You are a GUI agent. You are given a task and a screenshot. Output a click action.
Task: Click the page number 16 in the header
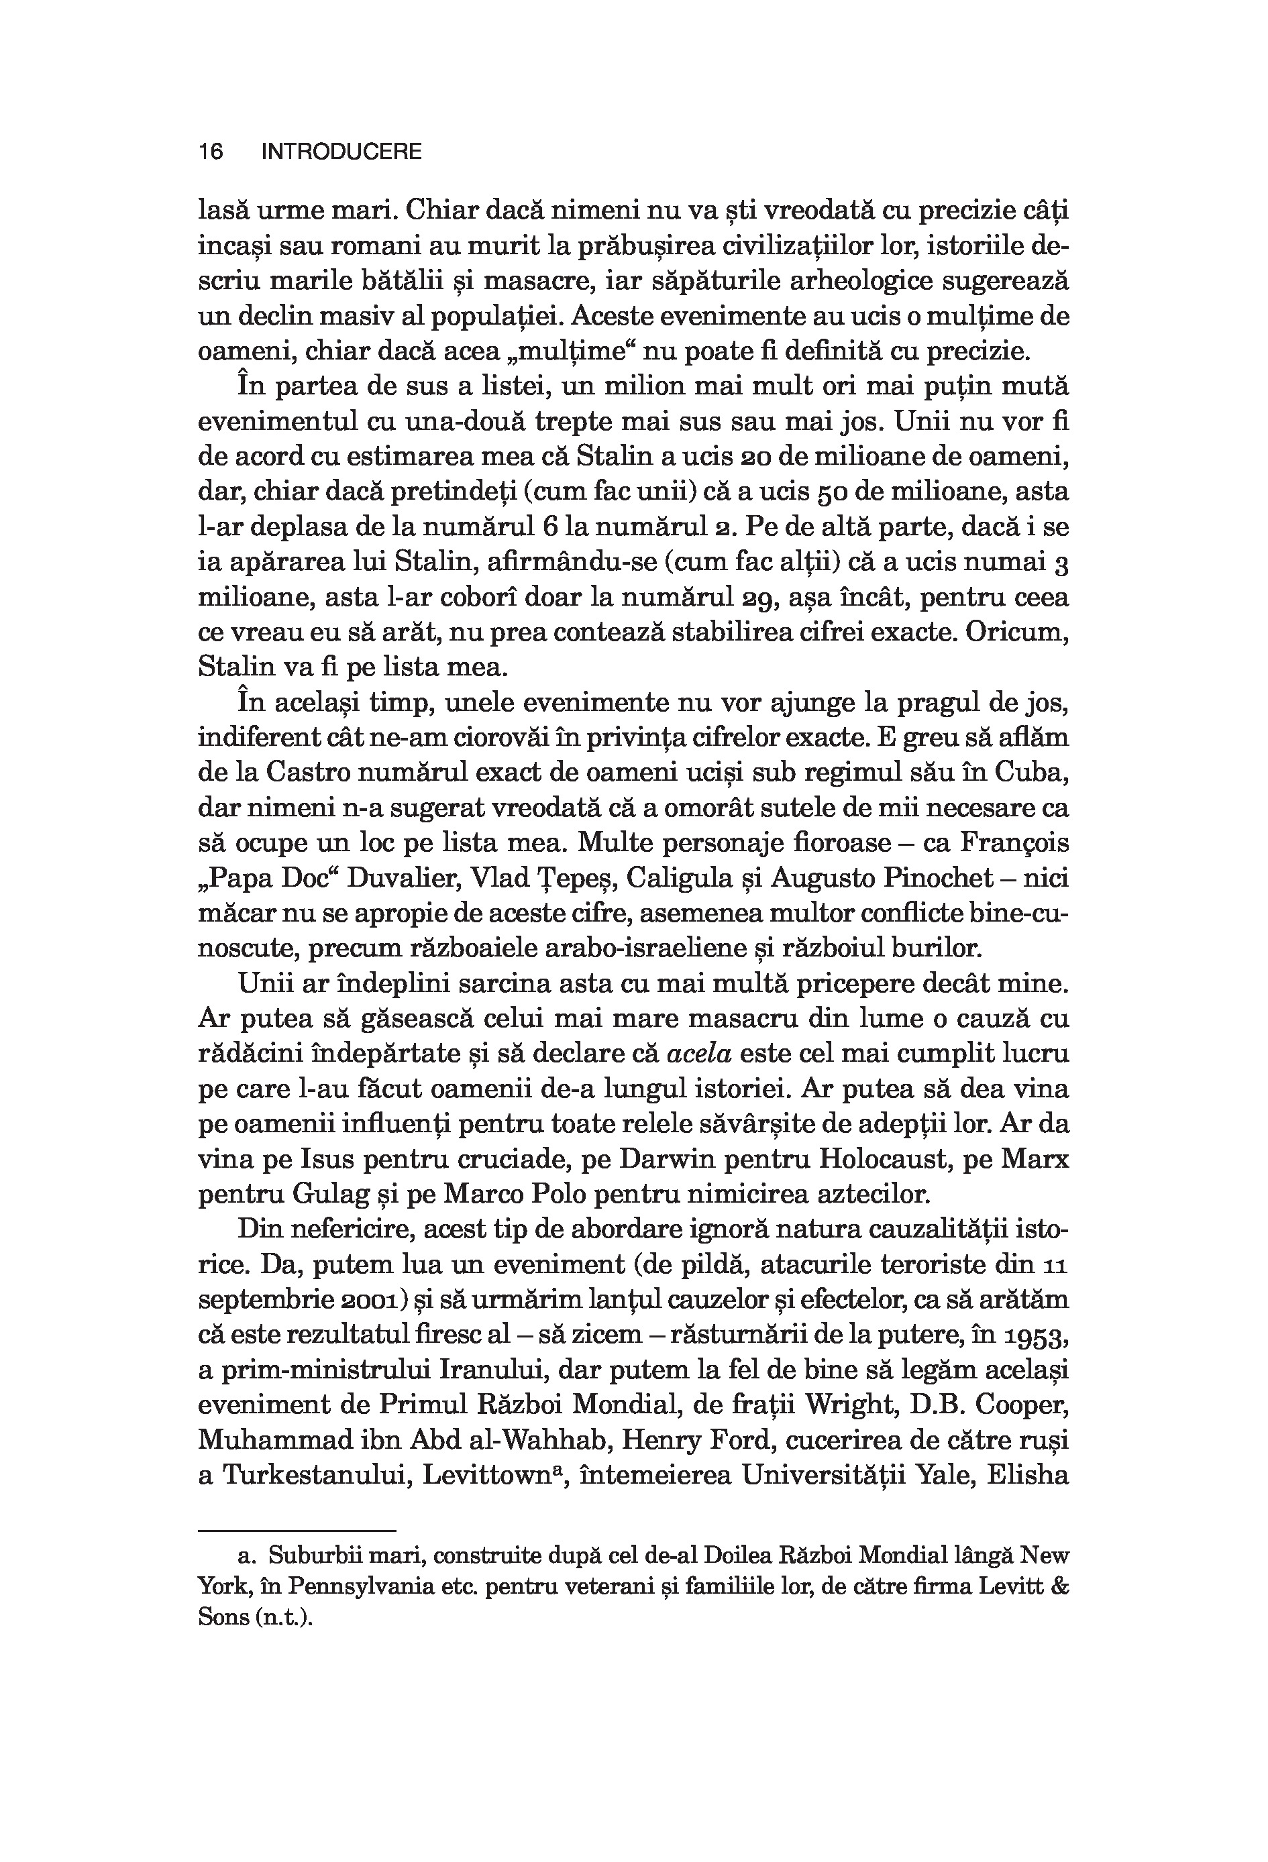click(211, 152)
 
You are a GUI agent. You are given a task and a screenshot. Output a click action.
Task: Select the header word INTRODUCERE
click(341, 152)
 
